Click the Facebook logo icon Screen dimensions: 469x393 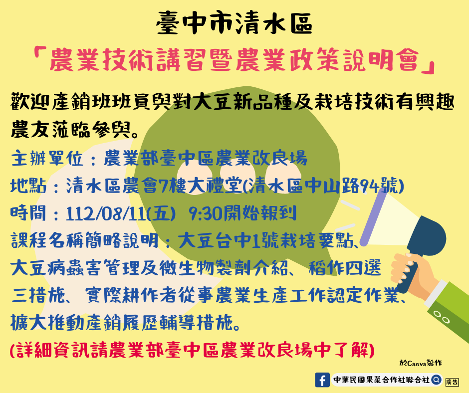322,380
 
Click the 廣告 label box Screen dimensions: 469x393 452,382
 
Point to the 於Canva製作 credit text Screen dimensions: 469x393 421,363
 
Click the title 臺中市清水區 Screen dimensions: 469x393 234,23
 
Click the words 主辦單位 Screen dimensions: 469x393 47,158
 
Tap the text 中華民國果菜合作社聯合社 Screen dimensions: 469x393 381,380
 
